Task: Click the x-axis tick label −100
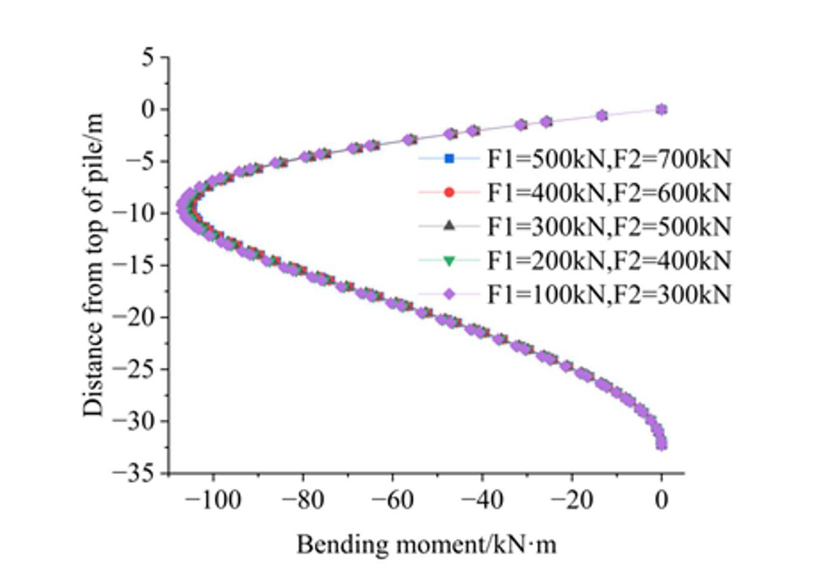[x=212, y=501]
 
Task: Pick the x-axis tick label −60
[x=392, y=501]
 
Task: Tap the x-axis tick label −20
[x=571, y=501]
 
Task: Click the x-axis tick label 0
[x=661, y=501]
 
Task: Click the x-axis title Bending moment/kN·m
[x=426, y=544]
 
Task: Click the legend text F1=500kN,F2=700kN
[x=609, y=159]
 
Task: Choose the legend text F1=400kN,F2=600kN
[x=609, y=193]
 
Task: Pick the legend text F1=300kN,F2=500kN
[x=609, y=226]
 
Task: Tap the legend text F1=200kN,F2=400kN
[x=609, y=260]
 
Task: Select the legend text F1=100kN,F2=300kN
[x=609, y=294]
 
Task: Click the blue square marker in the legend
[x=449, y=158]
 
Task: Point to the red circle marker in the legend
[x=449, y=192]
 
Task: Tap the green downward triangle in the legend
[x=449, y=260]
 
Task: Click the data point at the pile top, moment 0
[x=661, y=109]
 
